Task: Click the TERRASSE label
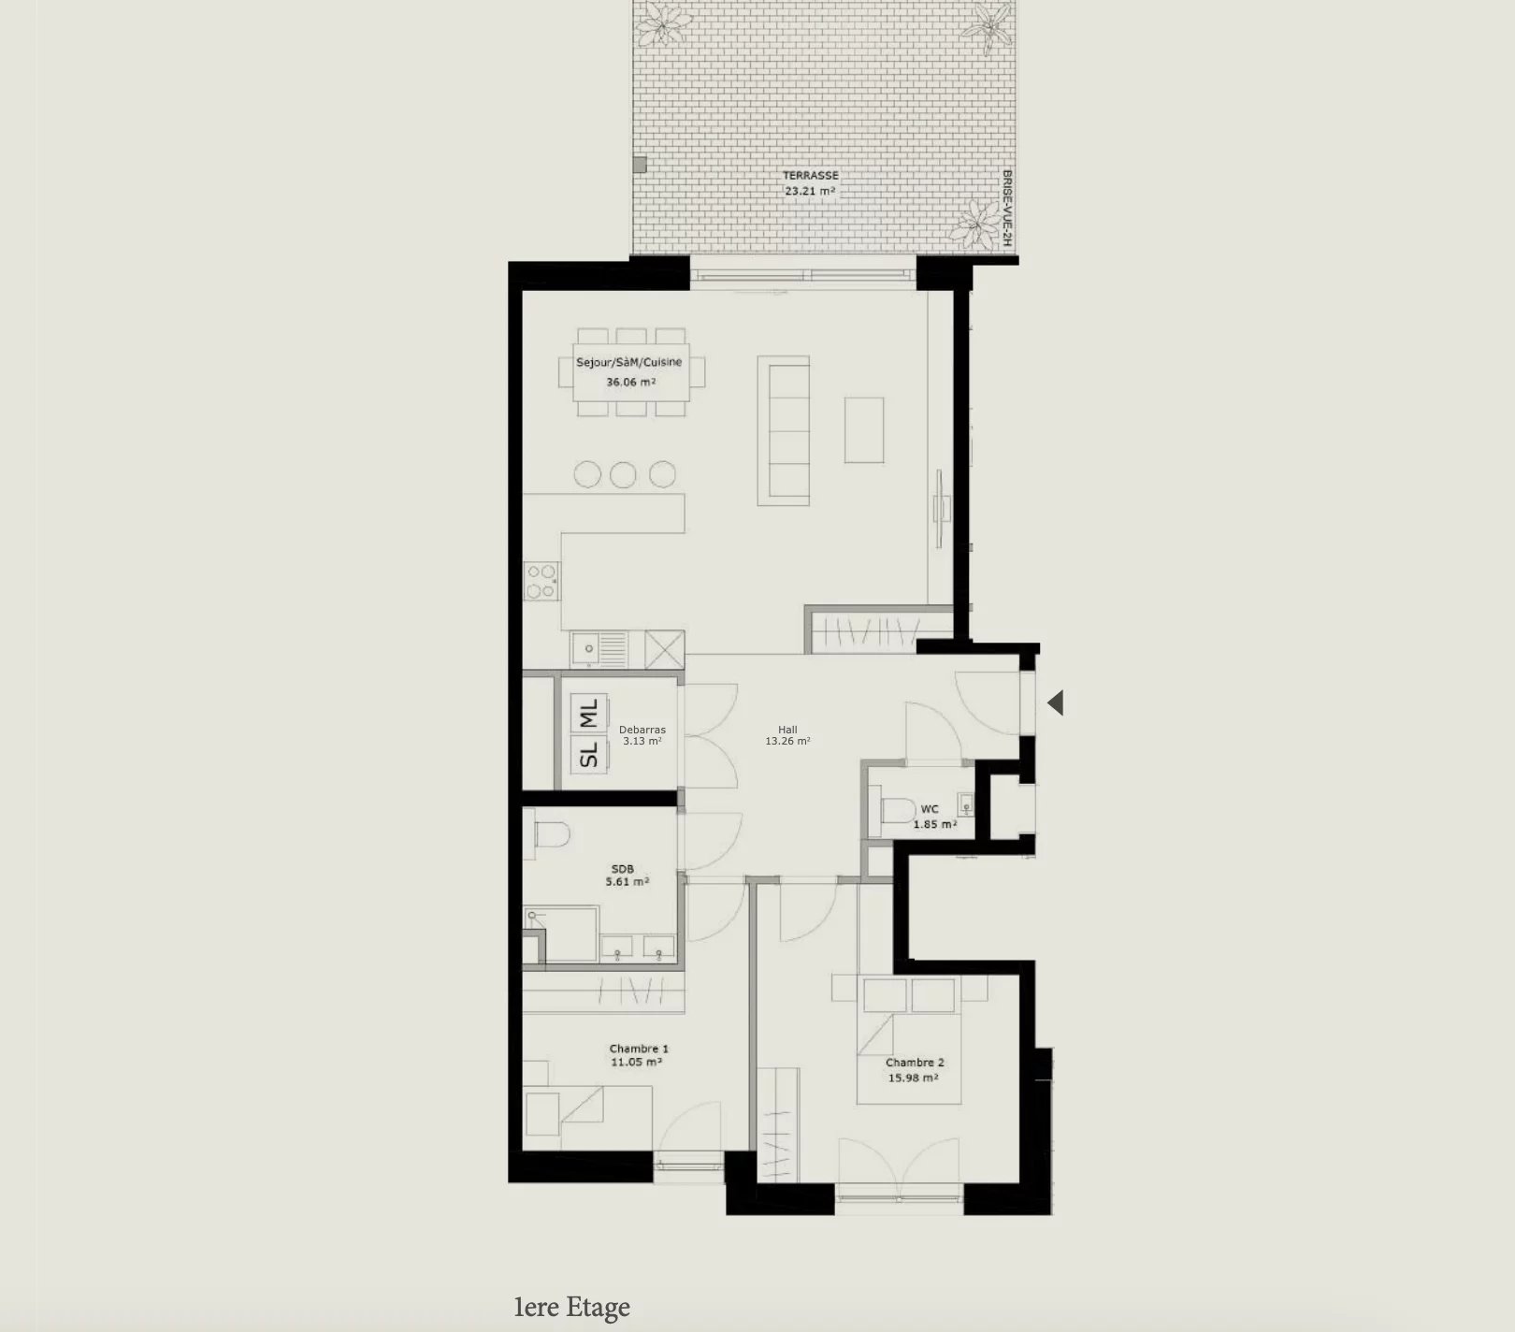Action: (811, 175)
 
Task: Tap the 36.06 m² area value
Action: (630, 382)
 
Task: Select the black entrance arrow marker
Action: (1056, 702)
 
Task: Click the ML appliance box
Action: (589, 713)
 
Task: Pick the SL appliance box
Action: (589, 754)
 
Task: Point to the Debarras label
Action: (642, 730)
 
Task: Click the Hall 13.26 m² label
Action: (787, 735)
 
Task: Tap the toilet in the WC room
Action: (897, 807)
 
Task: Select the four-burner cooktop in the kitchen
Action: (541, 580)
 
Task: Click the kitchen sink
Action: (599, 648)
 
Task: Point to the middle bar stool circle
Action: (624, 474)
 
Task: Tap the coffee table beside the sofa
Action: (864, 430)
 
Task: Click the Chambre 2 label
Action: (915, 1063)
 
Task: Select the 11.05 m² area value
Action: (637, 1063)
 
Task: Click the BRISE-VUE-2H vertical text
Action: (1006, 209)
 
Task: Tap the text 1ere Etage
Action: (572, 1307)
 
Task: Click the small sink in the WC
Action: (965, 804)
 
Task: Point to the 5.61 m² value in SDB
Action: (628, 881)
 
